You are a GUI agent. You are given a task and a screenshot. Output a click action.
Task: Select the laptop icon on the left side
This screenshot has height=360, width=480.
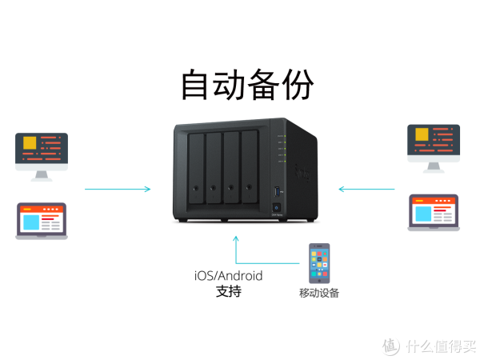tap(42, 220)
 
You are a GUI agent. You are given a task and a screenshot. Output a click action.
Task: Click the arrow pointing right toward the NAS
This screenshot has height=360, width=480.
tap(118, 190)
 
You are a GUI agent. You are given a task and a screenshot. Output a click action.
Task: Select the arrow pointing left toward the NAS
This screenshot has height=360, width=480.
tap(366, 190)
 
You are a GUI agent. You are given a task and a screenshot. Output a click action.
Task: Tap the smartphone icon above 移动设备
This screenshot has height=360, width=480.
tap(319, 263)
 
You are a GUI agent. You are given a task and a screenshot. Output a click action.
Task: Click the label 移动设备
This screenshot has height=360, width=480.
tap(319, 293)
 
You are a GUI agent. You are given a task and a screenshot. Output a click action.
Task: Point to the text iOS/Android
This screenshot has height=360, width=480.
tap(228, 276)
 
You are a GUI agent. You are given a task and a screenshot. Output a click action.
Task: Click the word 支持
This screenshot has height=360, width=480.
tap(228, 292)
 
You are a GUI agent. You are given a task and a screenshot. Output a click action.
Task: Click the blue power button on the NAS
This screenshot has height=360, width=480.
tap(276, 218)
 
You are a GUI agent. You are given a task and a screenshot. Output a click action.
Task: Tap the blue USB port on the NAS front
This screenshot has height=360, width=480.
tap(277, 192)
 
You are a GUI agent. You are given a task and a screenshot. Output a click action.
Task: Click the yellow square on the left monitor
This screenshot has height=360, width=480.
tap(30, 145)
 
